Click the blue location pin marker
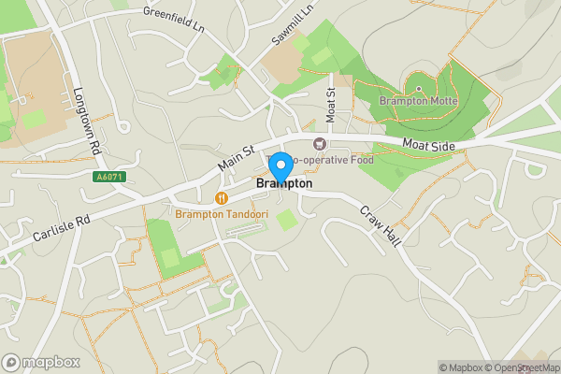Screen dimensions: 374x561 click(280, 167)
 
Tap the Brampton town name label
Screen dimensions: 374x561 click(284, 185)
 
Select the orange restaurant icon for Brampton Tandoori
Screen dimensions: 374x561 click(222, 198)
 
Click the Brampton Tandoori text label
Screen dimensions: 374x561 click(222, 214)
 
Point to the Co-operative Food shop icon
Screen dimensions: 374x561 click(320, 144)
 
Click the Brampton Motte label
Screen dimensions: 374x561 click(418, 100)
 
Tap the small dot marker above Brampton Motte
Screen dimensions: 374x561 click(418, 89)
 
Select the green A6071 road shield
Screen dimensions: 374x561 click(108, 177)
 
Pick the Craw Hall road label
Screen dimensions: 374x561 click(381, 225)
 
